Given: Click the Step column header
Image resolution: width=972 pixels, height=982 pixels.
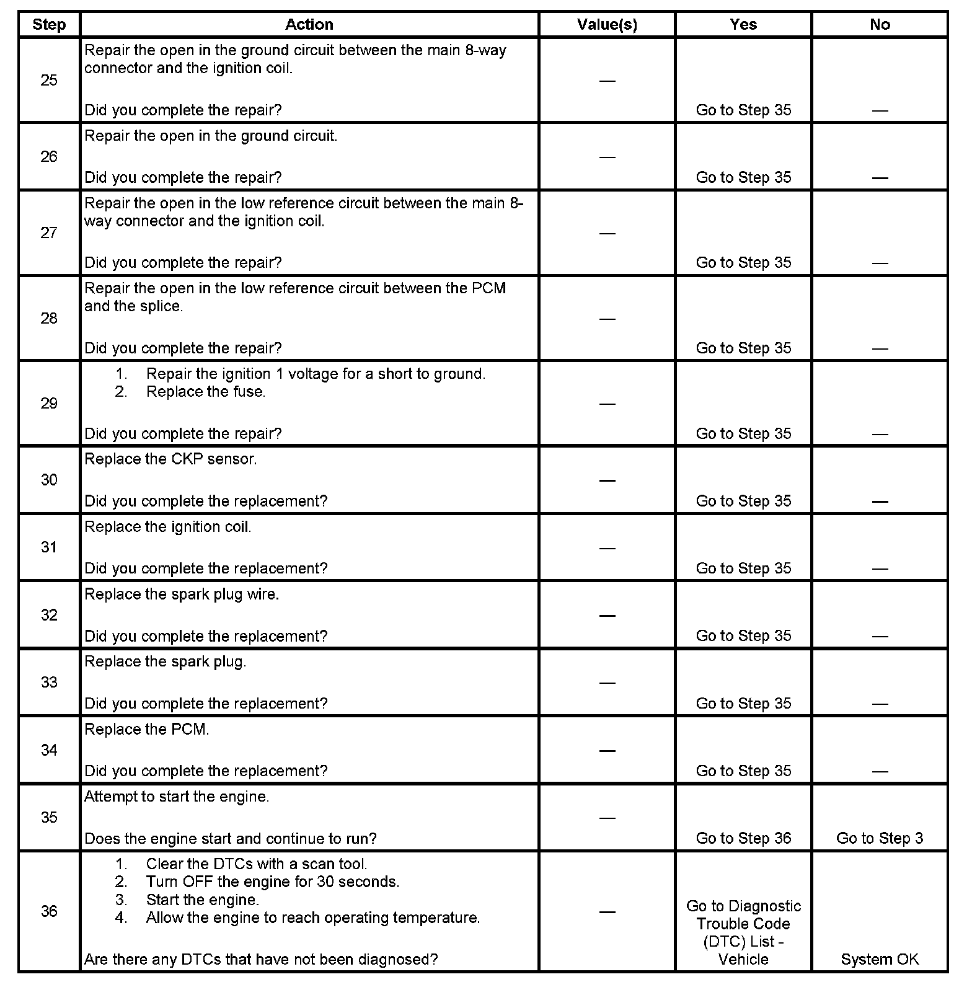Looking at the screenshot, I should [x=49, y=25].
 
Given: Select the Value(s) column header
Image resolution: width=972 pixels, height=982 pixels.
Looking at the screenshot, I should [x=607, y=25].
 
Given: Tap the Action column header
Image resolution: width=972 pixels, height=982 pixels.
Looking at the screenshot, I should [x=309, y=25].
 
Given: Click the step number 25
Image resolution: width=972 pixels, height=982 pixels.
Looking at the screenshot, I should [x=49, y=80].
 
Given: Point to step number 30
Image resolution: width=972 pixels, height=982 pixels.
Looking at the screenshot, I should [x=49, y=480].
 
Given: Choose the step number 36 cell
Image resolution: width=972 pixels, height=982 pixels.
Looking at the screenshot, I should [x=49, y=911].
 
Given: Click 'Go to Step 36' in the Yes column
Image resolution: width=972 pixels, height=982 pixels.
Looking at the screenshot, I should [x=743, y=838].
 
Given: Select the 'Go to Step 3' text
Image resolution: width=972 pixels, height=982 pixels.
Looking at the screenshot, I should [x=880, y=838].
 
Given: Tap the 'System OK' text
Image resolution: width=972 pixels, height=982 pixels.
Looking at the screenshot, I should [x=880, y=959].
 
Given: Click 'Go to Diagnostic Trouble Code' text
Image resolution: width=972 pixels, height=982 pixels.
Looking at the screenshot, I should [x=743, y=915].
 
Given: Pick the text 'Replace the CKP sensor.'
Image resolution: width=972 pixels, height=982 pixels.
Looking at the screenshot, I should [x=170, y=459].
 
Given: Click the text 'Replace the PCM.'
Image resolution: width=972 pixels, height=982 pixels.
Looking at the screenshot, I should [x=147, y=730].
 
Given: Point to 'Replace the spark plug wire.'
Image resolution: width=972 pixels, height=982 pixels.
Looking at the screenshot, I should [x=182, y=595].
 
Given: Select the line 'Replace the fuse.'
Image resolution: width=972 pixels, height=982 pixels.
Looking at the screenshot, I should [x=205, y=392].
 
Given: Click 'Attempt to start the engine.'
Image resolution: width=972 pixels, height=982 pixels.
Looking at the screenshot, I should [x=177, y=797].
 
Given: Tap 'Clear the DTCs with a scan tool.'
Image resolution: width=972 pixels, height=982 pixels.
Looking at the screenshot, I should [x=257, y=864].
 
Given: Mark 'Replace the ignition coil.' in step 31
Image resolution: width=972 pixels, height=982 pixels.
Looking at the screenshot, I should [x=168, y=527].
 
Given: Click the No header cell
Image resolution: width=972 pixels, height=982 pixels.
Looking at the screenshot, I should [x=880, y=25].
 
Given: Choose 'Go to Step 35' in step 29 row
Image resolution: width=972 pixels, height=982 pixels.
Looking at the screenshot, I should [x=743, y=433].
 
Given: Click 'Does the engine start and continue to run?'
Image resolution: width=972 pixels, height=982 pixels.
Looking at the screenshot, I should [x=231, y=839].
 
